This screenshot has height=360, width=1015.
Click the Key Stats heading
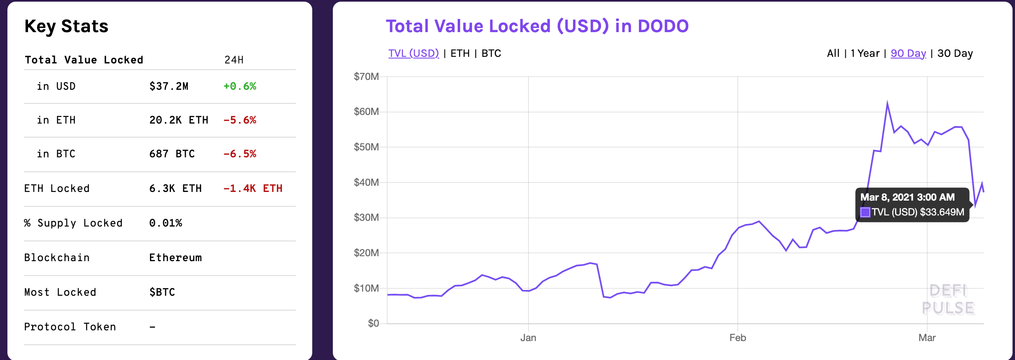(x=66, y=26)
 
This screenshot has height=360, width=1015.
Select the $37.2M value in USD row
(x=168, y=86)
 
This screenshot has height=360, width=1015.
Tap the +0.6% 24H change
(x=239, y=86)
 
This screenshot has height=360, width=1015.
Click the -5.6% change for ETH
(x=239, y=120)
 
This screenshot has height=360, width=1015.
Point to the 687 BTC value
(x=172, y=154)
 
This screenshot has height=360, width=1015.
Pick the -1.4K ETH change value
(x=253, y=188)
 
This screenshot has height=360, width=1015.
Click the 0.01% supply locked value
(x=165, y=223)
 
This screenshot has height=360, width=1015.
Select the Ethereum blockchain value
(x=175, y=257)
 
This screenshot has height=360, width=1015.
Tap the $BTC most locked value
(x=162, y=292)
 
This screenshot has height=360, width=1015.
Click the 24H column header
(x=234, y=60)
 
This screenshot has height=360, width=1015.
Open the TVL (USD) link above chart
(x=413, y=54)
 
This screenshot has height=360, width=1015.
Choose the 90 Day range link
(x=908, y=54)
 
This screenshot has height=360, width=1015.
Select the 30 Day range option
(x=955, y=54)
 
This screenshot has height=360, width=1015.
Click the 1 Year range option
(x=865, y=54)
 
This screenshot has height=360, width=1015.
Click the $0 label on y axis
(x=373, y=323)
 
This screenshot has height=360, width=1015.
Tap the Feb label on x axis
(x=737, y=338)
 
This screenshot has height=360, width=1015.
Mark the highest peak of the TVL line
(x=887, y=103)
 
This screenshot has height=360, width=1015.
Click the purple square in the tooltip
(x=865, y=212)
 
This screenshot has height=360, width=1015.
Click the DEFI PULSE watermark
(x=948, y=299)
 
